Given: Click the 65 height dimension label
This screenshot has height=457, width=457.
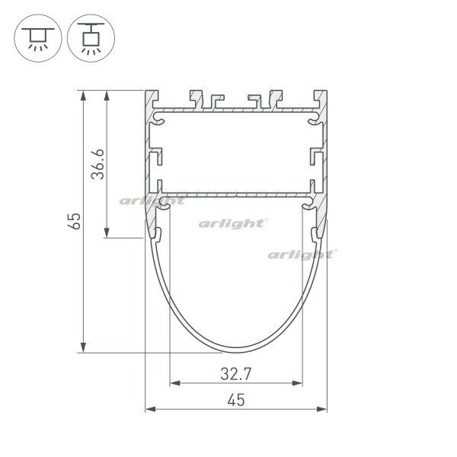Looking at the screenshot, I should [74, 222].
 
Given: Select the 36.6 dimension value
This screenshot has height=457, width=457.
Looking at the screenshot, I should [97, 164].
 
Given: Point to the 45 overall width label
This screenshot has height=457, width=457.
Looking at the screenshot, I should [235, 401].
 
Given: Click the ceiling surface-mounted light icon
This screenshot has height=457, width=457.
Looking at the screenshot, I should [35, 37].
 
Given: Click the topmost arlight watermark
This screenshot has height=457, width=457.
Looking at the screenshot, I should [152, 201].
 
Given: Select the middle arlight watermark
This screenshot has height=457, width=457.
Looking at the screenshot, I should [232, 223].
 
